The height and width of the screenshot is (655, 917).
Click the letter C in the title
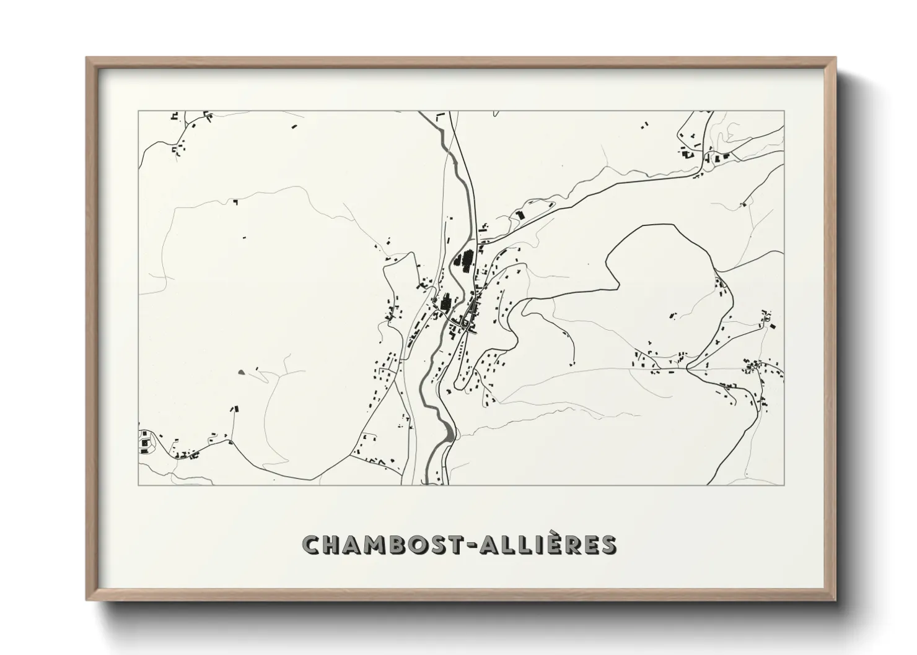[x=311, y=545]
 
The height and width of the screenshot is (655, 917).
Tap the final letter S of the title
[x=608, y=545]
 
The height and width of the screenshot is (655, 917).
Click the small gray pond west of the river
[x=240, y=371]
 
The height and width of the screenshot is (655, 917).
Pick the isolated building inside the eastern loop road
[x=673, y=316]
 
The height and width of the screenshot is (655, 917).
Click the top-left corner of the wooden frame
[x=87, y=58]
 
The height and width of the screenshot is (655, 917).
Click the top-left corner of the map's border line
[x=138, y=111]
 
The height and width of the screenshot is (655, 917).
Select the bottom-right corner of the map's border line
[x=784, y=485]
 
